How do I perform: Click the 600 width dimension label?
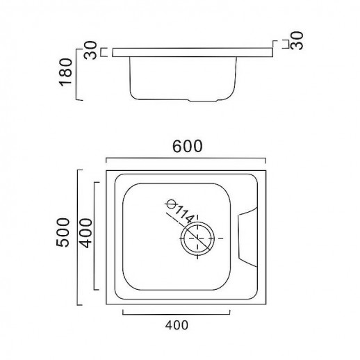[188, 147]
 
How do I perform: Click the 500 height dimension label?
[63, 233]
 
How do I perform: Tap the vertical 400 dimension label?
[85, 233]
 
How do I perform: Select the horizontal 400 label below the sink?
[177, 325]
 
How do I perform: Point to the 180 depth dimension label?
[66, 72]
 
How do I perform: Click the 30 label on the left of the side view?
[90, 50]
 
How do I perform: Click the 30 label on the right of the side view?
[297, 41]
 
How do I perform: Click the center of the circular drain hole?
[197, 238]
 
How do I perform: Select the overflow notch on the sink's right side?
[248, 237]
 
